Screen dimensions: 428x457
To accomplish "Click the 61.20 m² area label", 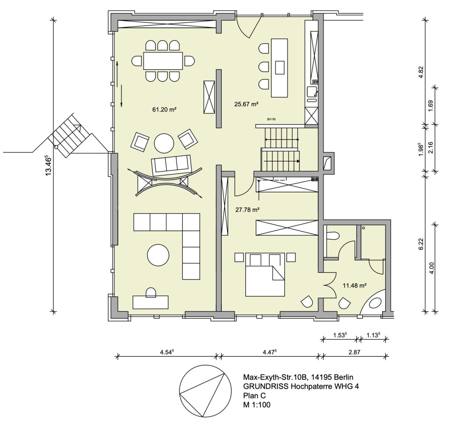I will [x=165, y=109].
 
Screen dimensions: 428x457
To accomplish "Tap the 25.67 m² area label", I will [x=246, y=104].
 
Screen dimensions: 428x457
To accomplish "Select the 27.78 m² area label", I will [x=247, y=210].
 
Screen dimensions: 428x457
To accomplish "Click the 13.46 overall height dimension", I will [x=49, y=165].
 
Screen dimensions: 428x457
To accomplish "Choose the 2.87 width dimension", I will [x=355, y=352].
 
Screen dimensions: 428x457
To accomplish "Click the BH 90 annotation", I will [x=271, y=119].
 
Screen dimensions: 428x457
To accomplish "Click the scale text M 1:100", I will [x=257, y=405].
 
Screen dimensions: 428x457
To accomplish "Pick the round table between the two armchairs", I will [x=164, y=143].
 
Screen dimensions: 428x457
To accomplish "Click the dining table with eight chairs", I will [x=163, y=61].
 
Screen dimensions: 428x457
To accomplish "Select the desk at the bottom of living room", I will [x=150, y=302].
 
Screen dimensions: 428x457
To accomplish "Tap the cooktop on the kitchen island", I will [x=280, y=67].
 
